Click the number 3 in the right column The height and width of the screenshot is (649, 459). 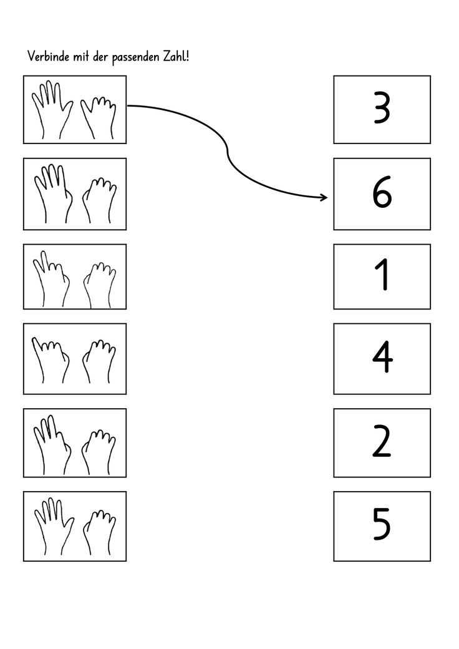pyautogui.click(x=382, y=109)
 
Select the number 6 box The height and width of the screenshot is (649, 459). pyautogui.click(x=382, y=194)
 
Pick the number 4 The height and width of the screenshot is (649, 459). pyautogui.click(x=382, y=358)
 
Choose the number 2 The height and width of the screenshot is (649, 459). pyautogui.click(x=382, y=442)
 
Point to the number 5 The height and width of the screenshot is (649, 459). pyautogui.click(x=382, y=525)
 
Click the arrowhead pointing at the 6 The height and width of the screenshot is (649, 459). pyautogui.click(x=323, y=198)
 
